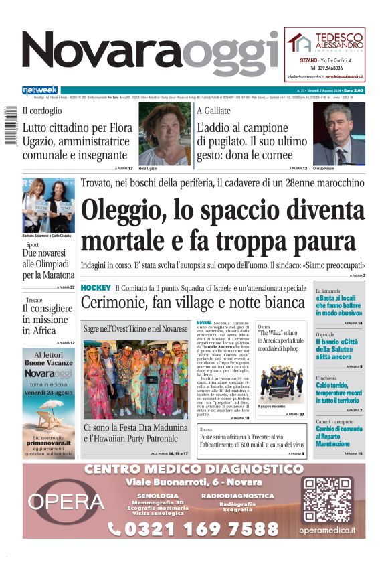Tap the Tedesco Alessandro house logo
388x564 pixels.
click(298, 42)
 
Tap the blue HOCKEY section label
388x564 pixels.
click(95, 287)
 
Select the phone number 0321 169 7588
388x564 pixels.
click(193, 529)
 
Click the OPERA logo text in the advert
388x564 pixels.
click(66, 501)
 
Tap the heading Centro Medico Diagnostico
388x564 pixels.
click(194, 469)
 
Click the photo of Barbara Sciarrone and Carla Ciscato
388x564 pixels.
click(49, 204)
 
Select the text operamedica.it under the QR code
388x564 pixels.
click(327, 530)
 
